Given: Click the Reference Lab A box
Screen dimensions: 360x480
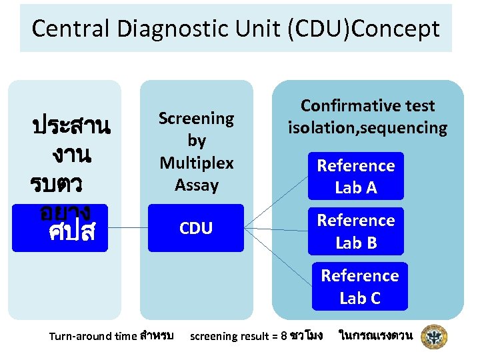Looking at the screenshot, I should click(x=356, y=177).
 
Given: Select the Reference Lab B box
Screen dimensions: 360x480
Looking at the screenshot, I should click(x=356, y=231).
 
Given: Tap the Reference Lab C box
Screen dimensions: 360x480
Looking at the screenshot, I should click(x=359, y=287).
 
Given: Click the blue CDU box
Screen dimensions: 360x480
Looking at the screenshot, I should click(x=197, y=229).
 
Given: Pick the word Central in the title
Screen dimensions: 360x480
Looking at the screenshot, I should click(x=72, y=29).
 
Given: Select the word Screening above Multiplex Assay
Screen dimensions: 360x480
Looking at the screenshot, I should click(x=197, y=119).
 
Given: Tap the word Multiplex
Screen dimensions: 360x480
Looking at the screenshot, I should click(x=197, y=163).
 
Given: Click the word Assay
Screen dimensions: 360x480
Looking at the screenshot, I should click(x=197, y=185).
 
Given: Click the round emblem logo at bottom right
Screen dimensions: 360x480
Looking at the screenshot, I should click(x=435, y=337).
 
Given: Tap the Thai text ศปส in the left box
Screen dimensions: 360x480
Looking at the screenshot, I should click(x=72, y=233).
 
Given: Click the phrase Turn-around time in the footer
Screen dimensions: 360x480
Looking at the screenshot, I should click(x=93, y=336).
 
